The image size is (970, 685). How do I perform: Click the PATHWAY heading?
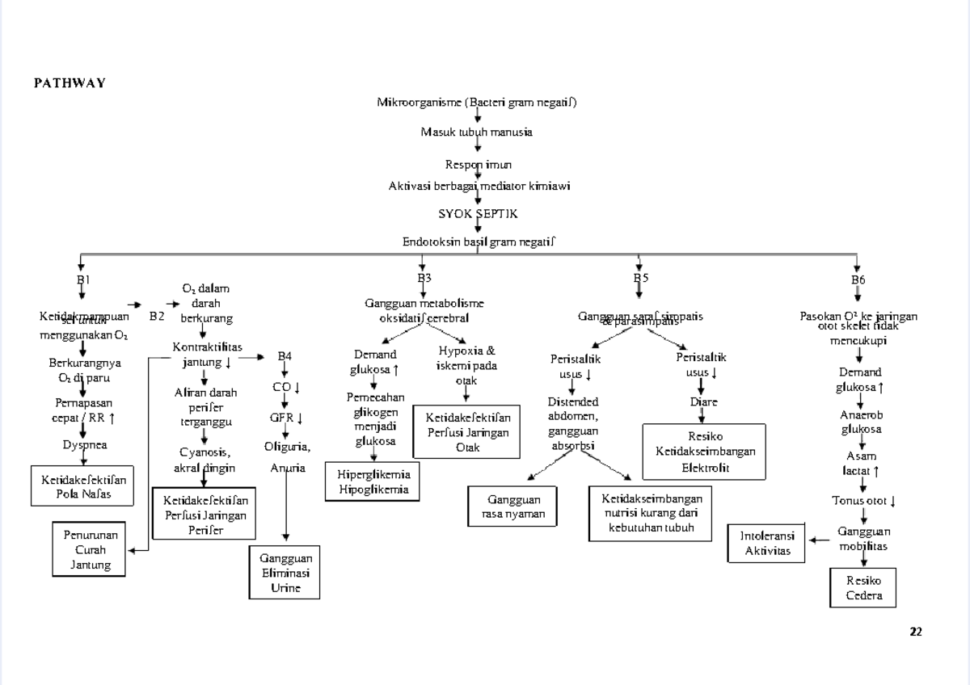[x=70, y=83]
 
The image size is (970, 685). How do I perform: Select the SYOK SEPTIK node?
[x=478, y=214]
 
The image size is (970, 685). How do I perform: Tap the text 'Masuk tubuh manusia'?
[x=476, y=132]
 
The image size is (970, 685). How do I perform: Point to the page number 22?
[x=916, y=632]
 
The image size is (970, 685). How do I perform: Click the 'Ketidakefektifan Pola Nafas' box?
[x=83, y=487]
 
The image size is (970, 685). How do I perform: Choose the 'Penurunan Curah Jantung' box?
[x=88, y=549]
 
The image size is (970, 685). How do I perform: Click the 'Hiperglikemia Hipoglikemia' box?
[x=373, y=481]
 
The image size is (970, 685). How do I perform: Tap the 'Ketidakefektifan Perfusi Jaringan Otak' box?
[x=467, y=432]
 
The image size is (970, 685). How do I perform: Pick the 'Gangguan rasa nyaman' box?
[x=513, y=506]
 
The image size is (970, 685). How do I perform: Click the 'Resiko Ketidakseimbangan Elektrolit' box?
[x=704, y=451]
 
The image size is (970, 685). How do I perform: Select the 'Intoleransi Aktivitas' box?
[x=767, y=544]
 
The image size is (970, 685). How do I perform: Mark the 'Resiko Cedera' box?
[x=863, y=588]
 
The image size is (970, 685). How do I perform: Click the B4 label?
[x=285, y=355]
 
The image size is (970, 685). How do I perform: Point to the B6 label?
[x=858, y=279]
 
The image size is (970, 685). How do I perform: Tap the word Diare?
[x=703, y=401]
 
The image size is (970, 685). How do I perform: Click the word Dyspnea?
[x=85, y=444]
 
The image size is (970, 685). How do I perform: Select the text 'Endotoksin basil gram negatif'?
[x=479, y=242]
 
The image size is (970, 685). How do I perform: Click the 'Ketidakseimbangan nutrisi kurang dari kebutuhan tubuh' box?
[x=652, y=513]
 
